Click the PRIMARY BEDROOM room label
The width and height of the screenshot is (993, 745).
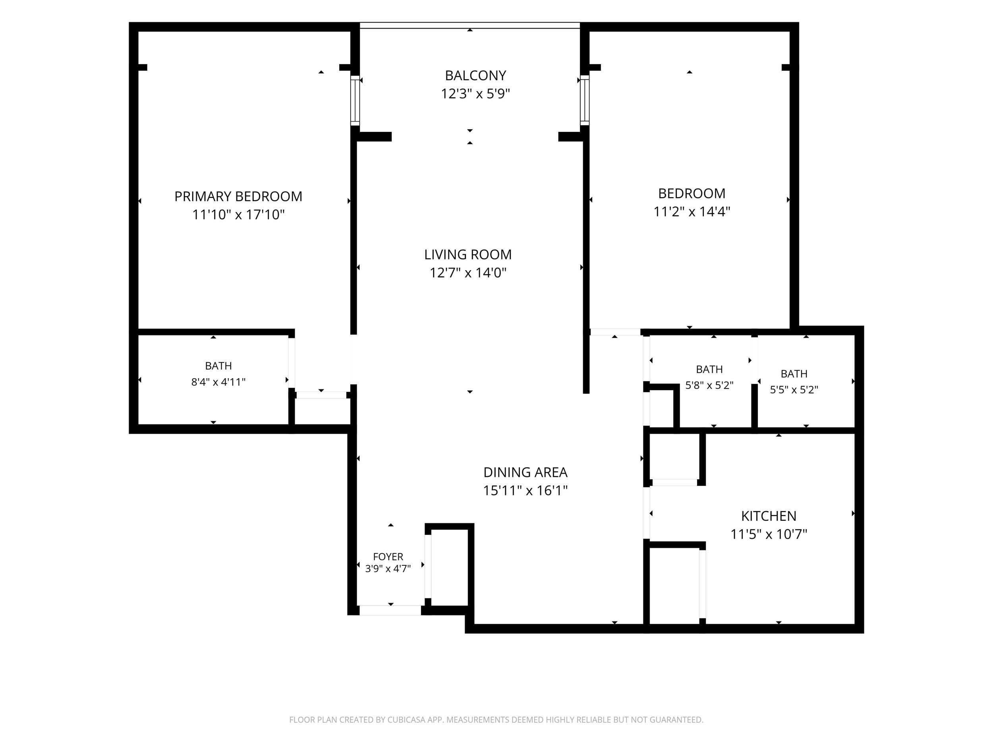(x=238, y=196)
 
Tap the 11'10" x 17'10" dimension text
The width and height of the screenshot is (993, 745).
(x=238, y=215)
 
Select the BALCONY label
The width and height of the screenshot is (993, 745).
(x=475, y=75)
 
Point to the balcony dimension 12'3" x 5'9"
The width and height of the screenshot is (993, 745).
(x=475, y=94)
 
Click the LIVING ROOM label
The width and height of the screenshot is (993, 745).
(x=468, y=255)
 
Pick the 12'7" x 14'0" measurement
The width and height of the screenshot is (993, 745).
(x=468, y=273)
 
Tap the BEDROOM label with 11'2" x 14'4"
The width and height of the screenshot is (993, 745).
(x=692, y=194)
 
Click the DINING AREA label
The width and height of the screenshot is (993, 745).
(x=525, y=472)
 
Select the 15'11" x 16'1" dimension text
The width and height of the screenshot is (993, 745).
(x=525, y=490)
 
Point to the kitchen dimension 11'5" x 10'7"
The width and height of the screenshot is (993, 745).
(x=769, y=534)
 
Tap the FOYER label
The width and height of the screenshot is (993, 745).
(x=388, y=557)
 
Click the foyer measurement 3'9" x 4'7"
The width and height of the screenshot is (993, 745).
(x=388, y=569)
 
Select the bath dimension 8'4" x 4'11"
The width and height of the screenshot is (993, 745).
(x=218, y=382)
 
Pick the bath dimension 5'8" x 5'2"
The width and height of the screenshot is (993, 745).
(x=709, y=385)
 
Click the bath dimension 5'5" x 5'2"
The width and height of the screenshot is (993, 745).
(x=794, y=390)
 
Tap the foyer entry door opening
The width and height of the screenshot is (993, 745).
(x=390, y=610)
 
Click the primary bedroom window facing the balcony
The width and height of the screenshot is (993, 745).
(x=355, y=100)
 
